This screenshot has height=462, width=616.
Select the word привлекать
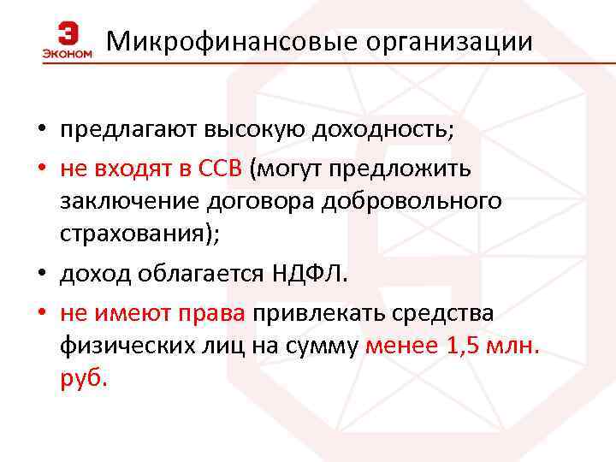317,312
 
